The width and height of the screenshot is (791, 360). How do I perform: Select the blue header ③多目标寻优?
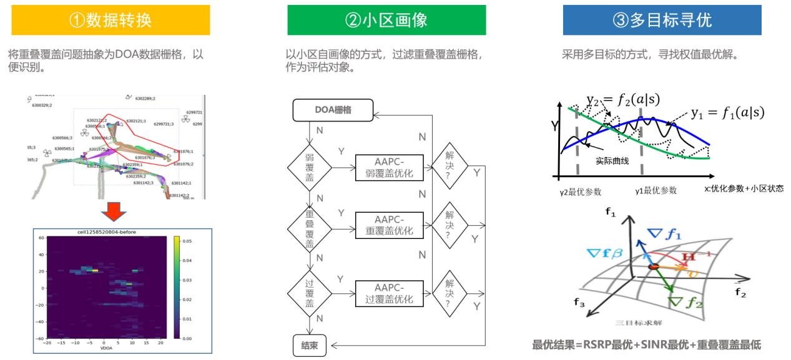pos(661,20)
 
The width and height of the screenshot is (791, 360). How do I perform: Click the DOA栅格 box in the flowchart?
pos(333,110)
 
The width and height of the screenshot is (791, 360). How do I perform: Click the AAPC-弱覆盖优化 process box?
pos(388,168)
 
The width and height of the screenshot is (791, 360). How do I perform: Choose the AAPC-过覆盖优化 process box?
pos(388,291)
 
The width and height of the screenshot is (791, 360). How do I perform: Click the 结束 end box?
pos(310,346)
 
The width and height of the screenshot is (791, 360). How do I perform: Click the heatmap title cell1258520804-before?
pos(103,232)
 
